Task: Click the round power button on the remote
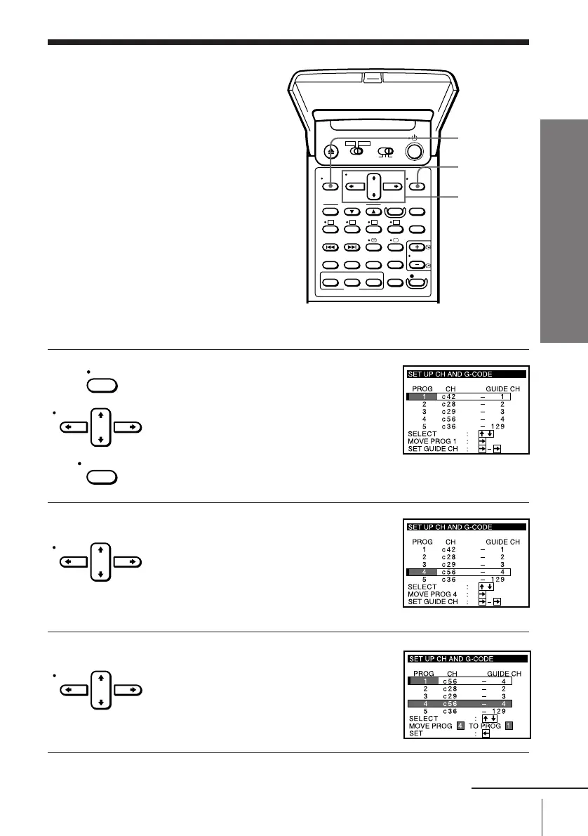click(414, 152)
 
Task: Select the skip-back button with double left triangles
click(330, 247)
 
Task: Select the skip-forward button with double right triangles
click(353, 247)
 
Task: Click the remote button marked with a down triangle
click(353, 211)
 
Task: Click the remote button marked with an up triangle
click(375, 211)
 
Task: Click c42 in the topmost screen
click(450, 397)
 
